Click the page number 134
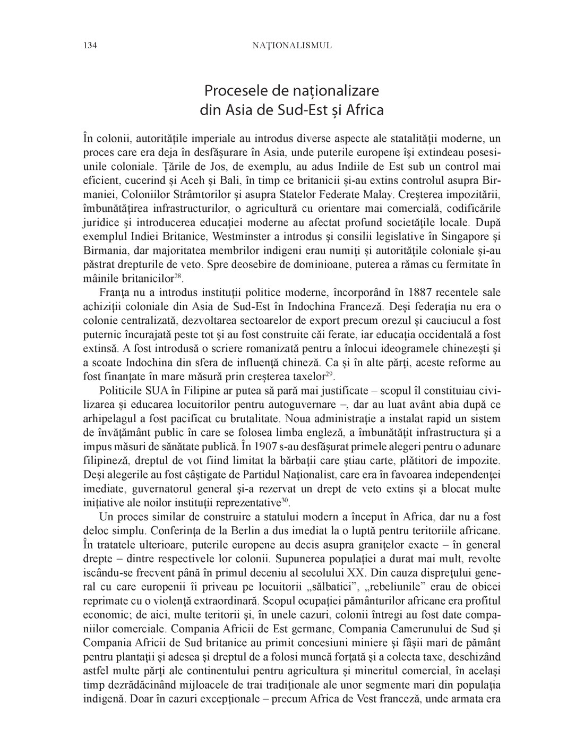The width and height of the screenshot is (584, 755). pos(90,46)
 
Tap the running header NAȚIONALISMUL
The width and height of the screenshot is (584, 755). pos(291,46)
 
